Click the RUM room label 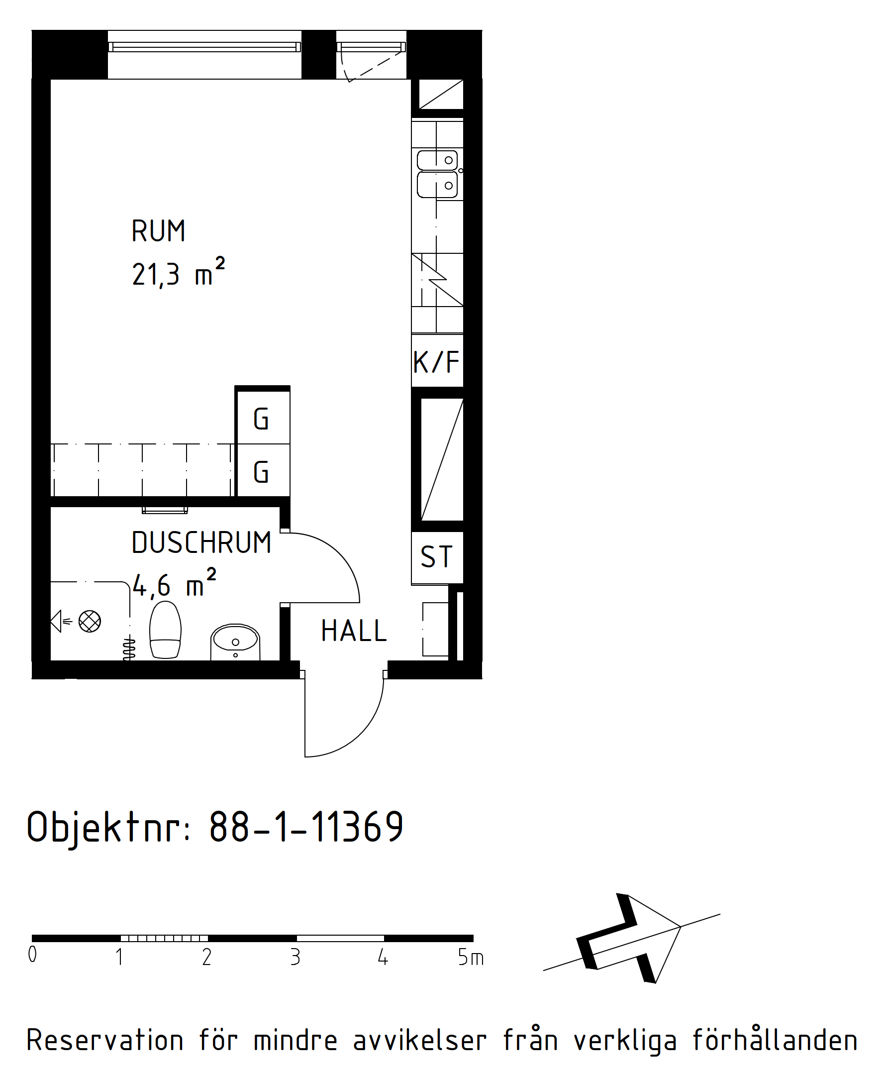[x=158, y=231]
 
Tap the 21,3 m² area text [x=178, y=273]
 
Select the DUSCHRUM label [x=201, y=542]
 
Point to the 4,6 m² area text [x=174, y=583]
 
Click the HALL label [x=354, y=631]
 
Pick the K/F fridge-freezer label [x=437, y=362]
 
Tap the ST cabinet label [x=436, y=556]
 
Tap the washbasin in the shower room [x=235, y=642]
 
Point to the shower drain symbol [x=90, y=622]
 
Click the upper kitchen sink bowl [x=437, y=160]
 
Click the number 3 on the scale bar [x=295, y=957]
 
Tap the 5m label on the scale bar [x=471, y=957]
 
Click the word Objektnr [x=108, y=827]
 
